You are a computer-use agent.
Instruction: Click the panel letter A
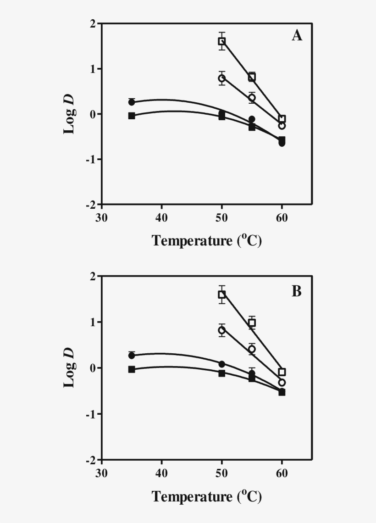297,36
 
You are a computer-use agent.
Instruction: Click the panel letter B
297,291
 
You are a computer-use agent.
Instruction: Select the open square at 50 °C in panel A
222,41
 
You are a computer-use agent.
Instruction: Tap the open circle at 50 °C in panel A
222,78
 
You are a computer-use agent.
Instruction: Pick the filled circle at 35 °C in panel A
132,102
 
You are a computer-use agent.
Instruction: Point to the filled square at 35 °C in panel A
132,116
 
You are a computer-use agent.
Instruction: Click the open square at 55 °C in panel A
252,77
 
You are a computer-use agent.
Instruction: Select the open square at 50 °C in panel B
222,295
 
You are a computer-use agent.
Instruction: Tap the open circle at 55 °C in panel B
252,349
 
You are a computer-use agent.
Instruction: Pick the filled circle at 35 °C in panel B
132,356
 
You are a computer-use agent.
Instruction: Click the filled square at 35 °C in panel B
132,369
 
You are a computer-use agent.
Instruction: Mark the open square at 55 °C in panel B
252,323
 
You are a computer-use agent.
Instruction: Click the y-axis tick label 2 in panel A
93,23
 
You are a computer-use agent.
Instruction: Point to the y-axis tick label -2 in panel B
91,460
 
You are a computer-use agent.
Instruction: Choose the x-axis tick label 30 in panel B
102,473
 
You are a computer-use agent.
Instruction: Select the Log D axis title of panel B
69,368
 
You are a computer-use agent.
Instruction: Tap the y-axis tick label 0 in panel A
93,114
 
